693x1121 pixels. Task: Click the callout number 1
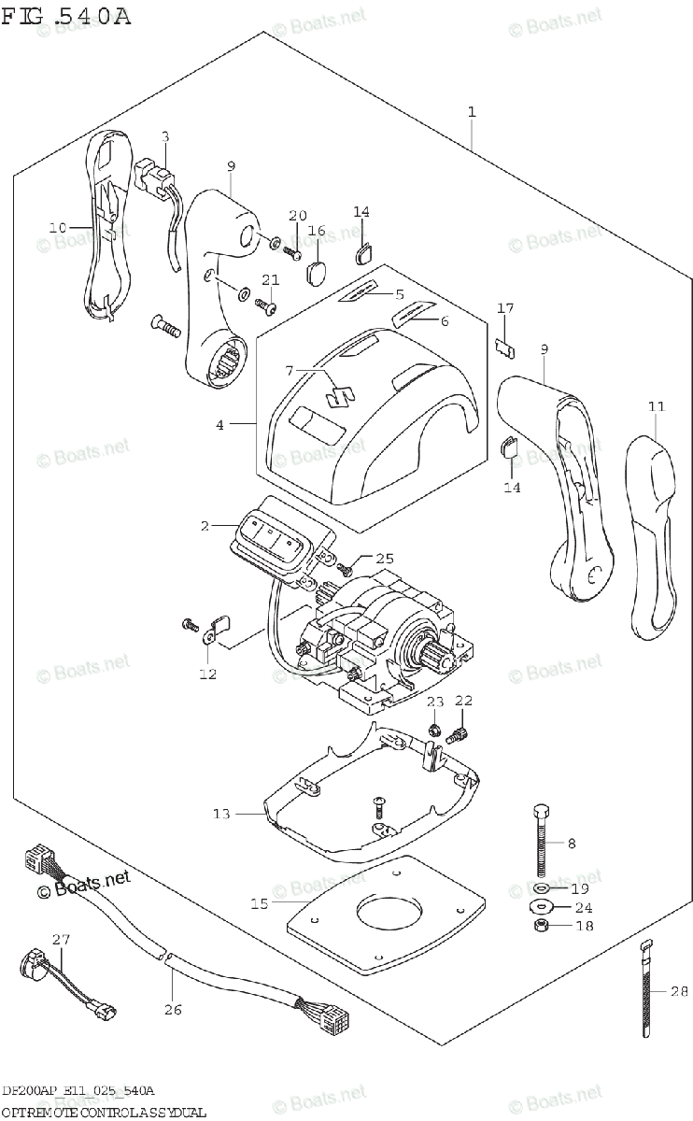click(472, 112)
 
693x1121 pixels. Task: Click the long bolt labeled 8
click(541, 841)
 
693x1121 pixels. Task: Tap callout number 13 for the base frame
click(220, 815)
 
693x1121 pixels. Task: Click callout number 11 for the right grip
click(658, 406)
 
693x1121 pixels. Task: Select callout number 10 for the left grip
click(58, 227)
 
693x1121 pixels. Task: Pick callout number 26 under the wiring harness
click(171, 1009)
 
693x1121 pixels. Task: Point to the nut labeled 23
click(434, 730)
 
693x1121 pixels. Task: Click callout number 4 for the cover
click(220, 425)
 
